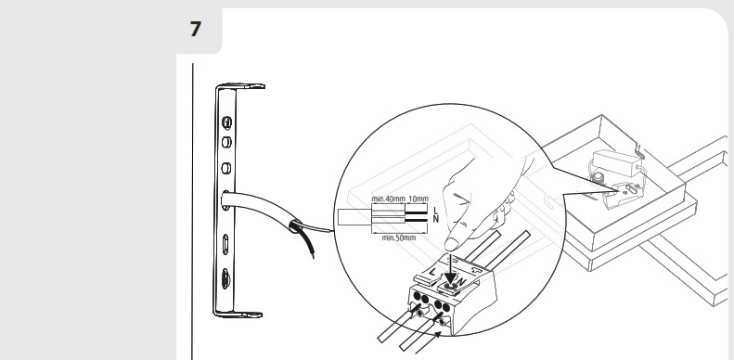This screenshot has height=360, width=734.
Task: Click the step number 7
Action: click(x=195, y=29)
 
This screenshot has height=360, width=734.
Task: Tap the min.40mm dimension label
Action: click(x=388, y=199)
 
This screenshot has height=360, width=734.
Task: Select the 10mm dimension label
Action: click(x=418, y=199)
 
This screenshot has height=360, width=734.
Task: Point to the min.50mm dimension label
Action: click(x=399, y=238)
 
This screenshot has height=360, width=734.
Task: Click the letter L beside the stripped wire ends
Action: click(x=436, y=211)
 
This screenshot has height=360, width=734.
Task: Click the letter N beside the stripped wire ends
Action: click(x=436, y=219)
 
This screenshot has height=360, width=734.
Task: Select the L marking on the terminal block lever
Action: click(x=431, y=272)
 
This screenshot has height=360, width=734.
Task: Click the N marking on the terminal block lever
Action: click(x=460, y=281)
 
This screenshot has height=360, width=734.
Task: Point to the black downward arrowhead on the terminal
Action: click(x=450, y=278)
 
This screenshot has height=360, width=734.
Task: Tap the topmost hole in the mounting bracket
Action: click(x=226, y=123)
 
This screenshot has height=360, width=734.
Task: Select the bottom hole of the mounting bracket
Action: click(x=225, y=279)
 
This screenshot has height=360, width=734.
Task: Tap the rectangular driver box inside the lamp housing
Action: click(x=616, y=162)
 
